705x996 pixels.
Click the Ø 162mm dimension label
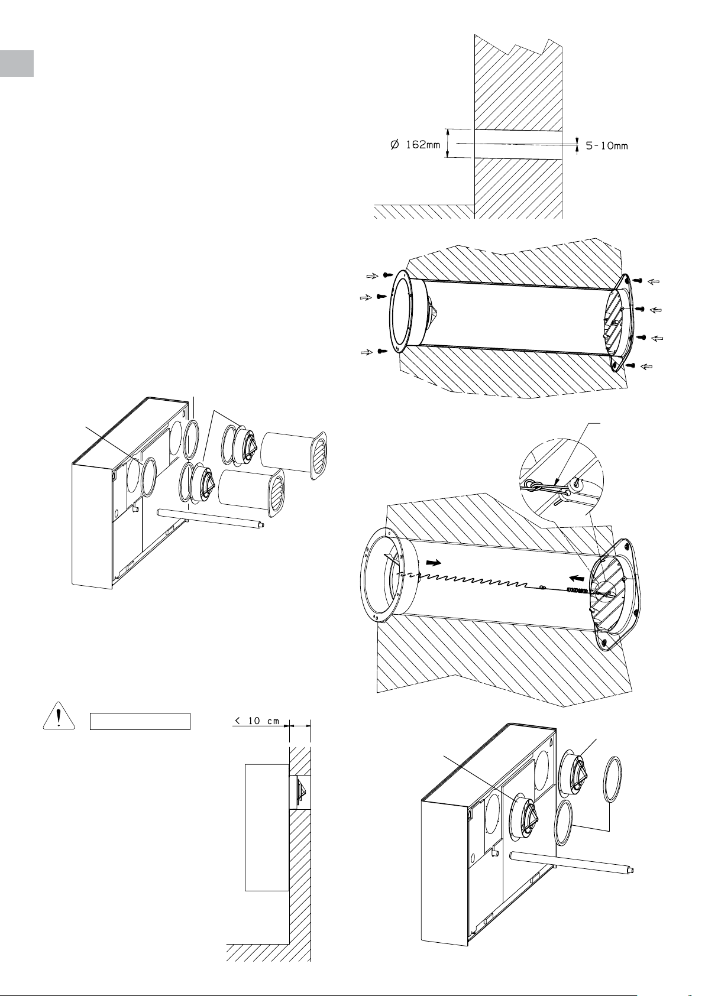pyautogui.click(x=415, y=145)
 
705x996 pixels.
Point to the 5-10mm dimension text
pyautogui.click(x=607, y=145)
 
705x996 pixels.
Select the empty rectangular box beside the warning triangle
pyautogui.click(x=140, y=721)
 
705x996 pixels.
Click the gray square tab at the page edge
pyautogui.click(x=17, y=63)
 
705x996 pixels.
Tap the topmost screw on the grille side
pyautogui.click(x=638, y=280)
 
